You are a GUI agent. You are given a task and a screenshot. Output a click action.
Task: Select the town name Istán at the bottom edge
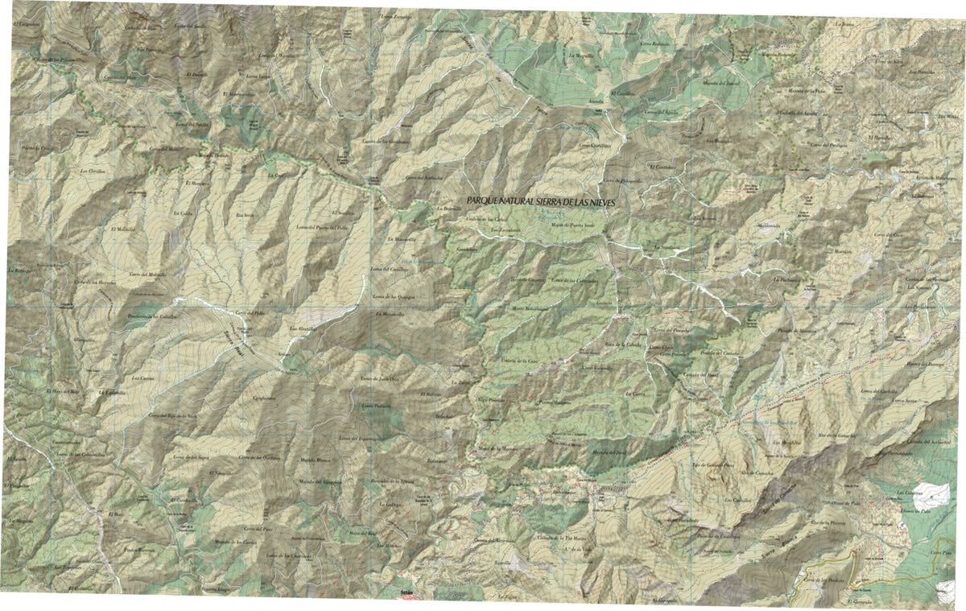click(409, 595)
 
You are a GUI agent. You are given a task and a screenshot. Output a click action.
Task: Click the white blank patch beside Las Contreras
click(925, 493)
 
